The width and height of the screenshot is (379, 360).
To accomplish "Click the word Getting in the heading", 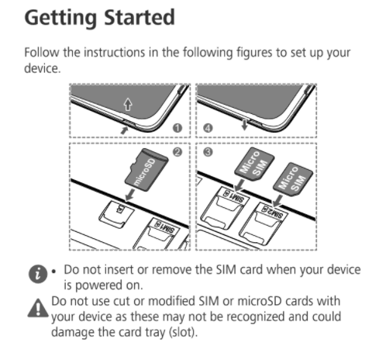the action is pyautogui.click(x=60, y=18).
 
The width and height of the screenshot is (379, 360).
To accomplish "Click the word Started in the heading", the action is pyautogui.click(x=140, y=17).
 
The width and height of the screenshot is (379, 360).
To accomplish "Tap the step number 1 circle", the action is pyautogui.click(x=177, y=128).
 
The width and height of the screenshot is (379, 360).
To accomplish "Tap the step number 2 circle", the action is pyautogui.click(x=177, y=152).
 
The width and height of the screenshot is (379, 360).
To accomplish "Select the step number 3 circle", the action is pyautogui.click(x=208, y=152).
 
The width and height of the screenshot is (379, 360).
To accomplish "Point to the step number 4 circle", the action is pyautogui.click(x=208, y=128).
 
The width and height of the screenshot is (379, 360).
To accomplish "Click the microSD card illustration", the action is pyautogui.click(x=146, y=170).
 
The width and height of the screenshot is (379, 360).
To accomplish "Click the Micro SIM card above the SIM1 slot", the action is pyautogui.click(x=254, y=164).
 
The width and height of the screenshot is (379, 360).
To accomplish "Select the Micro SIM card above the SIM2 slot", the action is pyautogui.click(x=293, y=179).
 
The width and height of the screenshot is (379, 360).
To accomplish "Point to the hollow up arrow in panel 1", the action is pyautogui.click(x=128, y=105).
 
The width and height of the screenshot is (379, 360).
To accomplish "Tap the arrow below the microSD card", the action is pyautogui.click(x=130, y=195).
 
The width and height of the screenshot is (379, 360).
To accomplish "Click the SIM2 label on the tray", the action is pyautogui.click(x=274, y=213).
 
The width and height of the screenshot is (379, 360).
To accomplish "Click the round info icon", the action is pyautogui.click(x=38, y=274).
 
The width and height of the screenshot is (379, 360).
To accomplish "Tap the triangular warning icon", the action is pyautogui.click(x=38, y=308).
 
